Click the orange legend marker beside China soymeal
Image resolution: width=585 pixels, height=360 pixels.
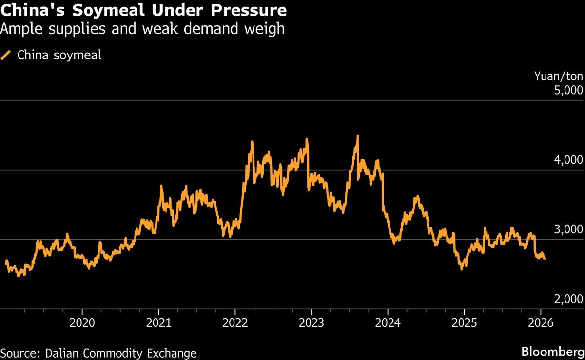(7, 56)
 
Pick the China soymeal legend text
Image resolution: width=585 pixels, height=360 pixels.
(59, 56)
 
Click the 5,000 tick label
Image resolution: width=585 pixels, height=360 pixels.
(569, 91)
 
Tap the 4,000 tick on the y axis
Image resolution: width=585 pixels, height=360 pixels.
(569, 160)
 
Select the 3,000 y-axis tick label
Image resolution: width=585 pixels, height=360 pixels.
(569, 230)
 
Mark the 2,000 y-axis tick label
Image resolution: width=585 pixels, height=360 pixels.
(569, 300)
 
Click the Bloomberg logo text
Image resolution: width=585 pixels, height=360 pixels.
(552, 352)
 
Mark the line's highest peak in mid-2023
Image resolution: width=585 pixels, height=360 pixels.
(358, 136)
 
